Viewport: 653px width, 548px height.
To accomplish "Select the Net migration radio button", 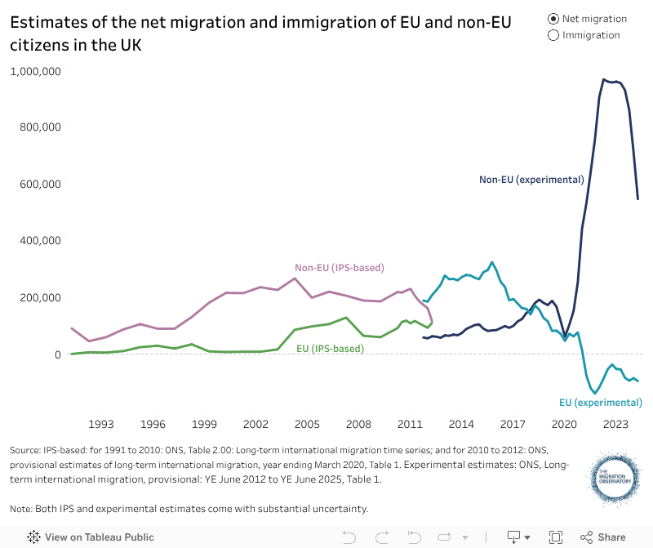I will coord(554,19).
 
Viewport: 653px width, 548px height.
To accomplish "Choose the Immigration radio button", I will coord(554,35).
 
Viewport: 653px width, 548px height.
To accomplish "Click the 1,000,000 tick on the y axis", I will coord(35,71).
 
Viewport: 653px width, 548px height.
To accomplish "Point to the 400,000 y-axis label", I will coord(40,241).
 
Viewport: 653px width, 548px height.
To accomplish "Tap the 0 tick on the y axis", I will coord(58,354).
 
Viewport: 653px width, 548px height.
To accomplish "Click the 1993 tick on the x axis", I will coord(101,424).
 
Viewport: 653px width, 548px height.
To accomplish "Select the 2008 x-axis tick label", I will coord(358,424).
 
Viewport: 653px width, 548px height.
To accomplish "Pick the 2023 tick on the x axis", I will coord(615,424).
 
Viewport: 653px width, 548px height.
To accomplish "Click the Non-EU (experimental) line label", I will coord(531,179).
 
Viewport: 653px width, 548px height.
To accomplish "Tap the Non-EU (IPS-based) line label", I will coord(339,268).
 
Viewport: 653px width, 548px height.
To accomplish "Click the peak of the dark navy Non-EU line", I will coord(603,79).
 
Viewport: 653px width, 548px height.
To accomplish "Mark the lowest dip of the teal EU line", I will coord(594,393).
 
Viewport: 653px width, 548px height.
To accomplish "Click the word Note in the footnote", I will coord(22,509).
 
